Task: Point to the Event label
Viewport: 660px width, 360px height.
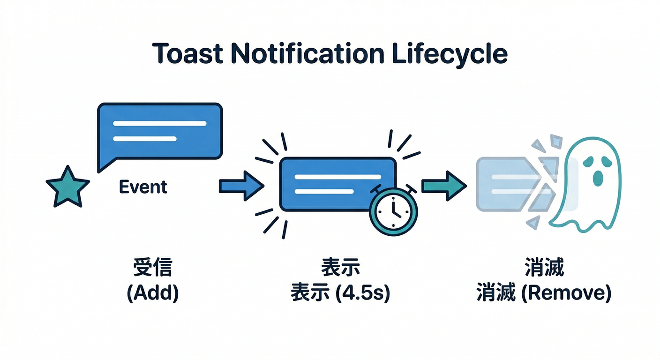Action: (x=143, y=187)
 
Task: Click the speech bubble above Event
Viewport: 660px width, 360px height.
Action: (x=159, y=131)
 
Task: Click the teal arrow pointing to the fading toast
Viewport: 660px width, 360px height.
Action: (x=443, y=186)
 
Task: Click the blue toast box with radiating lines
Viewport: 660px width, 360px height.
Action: (x=328, y=183)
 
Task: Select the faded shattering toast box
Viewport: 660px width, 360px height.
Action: (x=506, y=184)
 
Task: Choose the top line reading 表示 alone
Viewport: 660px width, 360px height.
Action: (x=340, y=269)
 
